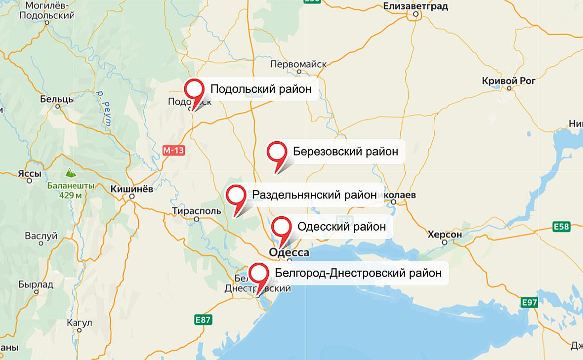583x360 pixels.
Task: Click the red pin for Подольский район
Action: point(194,90)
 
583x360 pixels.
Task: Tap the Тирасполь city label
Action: point(197,211)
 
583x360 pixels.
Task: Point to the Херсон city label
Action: point(445,235)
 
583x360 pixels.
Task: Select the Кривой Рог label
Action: point(508,80)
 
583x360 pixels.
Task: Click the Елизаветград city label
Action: point(416,6)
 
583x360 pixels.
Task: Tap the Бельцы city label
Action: point(57,99)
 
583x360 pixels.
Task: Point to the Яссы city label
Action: point(29,173)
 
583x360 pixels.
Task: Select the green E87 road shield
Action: point(203,320)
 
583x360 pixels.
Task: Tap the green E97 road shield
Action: point(530,302)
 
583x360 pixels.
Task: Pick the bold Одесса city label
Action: point(289,253)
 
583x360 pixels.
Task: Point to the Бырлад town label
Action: point(36,285)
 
